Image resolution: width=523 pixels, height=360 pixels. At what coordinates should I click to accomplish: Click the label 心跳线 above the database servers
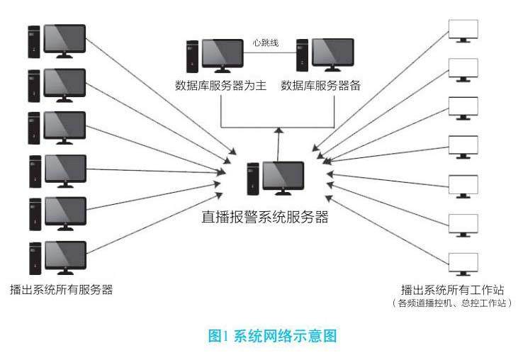click(266, 43)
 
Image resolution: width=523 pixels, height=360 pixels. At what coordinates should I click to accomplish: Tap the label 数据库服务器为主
click(220, 86)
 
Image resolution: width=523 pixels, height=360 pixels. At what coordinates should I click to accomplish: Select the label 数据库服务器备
click(320, 86)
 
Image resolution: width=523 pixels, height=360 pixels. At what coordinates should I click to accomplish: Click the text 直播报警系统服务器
click(264, 218)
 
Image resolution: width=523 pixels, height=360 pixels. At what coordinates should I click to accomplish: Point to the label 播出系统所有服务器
click(61, 289)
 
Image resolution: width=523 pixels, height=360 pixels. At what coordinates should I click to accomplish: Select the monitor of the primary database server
click(223, 54)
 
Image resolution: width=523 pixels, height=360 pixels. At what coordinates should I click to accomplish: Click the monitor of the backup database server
click(333, 54)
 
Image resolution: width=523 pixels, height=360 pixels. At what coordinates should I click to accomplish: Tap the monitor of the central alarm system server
click(283, 176)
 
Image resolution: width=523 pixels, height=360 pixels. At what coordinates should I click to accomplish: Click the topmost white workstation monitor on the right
click(463, 29)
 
